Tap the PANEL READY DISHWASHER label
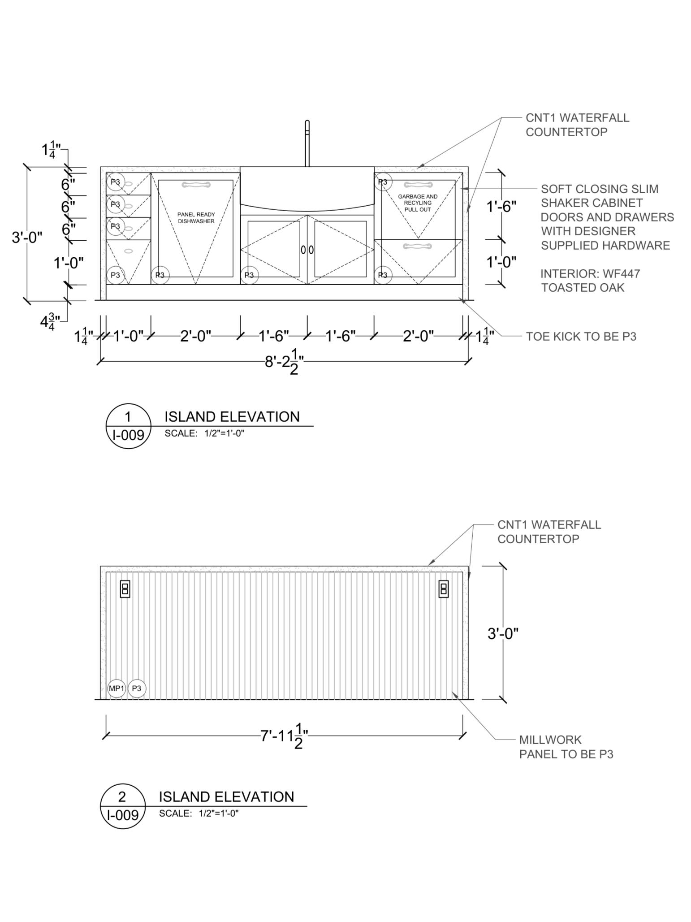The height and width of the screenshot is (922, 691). coord(196,218)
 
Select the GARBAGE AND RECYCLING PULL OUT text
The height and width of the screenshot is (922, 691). coord(418,203)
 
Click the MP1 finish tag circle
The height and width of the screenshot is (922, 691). coord(116,688)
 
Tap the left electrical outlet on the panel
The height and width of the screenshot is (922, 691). coord(125,589)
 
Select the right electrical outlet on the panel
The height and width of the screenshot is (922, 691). coord(444,589)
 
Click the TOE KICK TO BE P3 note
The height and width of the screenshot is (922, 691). coord(581,336)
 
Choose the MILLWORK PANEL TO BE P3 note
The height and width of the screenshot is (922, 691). coord(566,747)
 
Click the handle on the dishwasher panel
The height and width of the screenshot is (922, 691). coord(196,185)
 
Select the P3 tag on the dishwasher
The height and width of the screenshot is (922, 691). coord(160,275)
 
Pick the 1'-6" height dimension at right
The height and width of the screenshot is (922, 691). coord(501,207)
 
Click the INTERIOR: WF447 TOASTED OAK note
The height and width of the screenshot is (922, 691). coord(590,280)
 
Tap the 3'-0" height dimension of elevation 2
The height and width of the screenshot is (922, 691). coord(503,633)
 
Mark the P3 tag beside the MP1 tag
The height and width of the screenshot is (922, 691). coord(137,688)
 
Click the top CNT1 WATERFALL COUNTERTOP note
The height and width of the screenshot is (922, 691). coord(577,125)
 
